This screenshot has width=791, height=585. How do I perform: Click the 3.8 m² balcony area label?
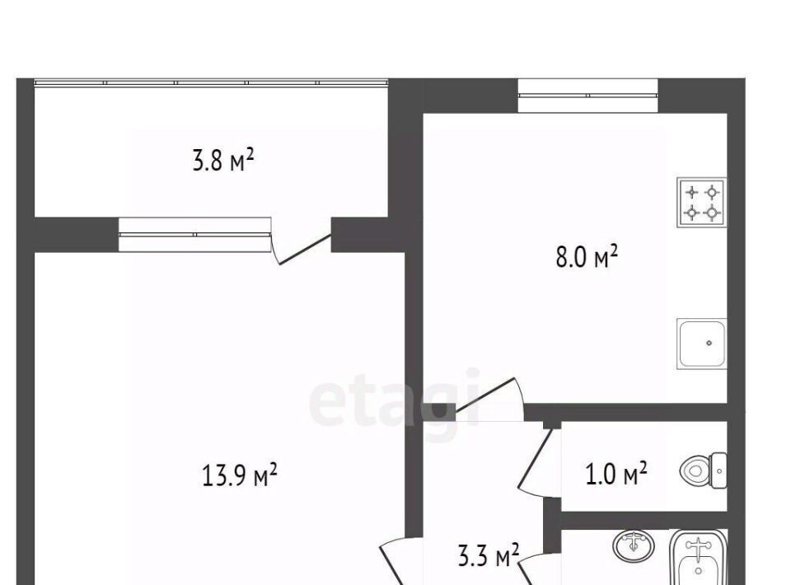(x=223, y=161)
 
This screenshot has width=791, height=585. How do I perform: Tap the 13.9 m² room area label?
(x=239, y=475)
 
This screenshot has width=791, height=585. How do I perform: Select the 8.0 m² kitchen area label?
(x=587, y=257)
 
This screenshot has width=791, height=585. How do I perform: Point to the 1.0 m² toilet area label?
(x=616, y=474)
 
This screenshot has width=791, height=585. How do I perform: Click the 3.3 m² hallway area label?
(x=489, y=555)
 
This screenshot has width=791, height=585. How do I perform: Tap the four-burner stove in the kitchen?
(x=702, y=202)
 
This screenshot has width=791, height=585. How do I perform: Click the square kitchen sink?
(x=702, y=344)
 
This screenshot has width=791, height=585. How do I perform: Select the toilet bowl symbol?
(x=703, y=471)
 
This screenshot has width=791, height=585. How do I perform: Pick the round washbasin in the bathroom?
(x=634, y=545)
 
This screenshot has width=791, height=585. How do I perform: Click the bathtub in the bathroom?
(x=698, y=558)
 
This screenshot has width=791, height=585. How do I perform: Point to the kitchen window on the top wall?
(x=587, y=96)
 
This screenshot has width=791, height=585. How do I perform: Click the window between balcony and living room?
(x=194, y=235)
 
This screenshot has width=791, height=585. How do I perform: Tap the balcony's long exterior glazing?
(x=211, y=82)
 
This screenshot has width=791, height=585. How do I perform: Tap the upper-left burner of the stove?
(x=692, y=192)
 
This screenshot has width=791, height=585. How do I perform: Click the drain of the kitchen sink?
(x=709, y=343)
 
